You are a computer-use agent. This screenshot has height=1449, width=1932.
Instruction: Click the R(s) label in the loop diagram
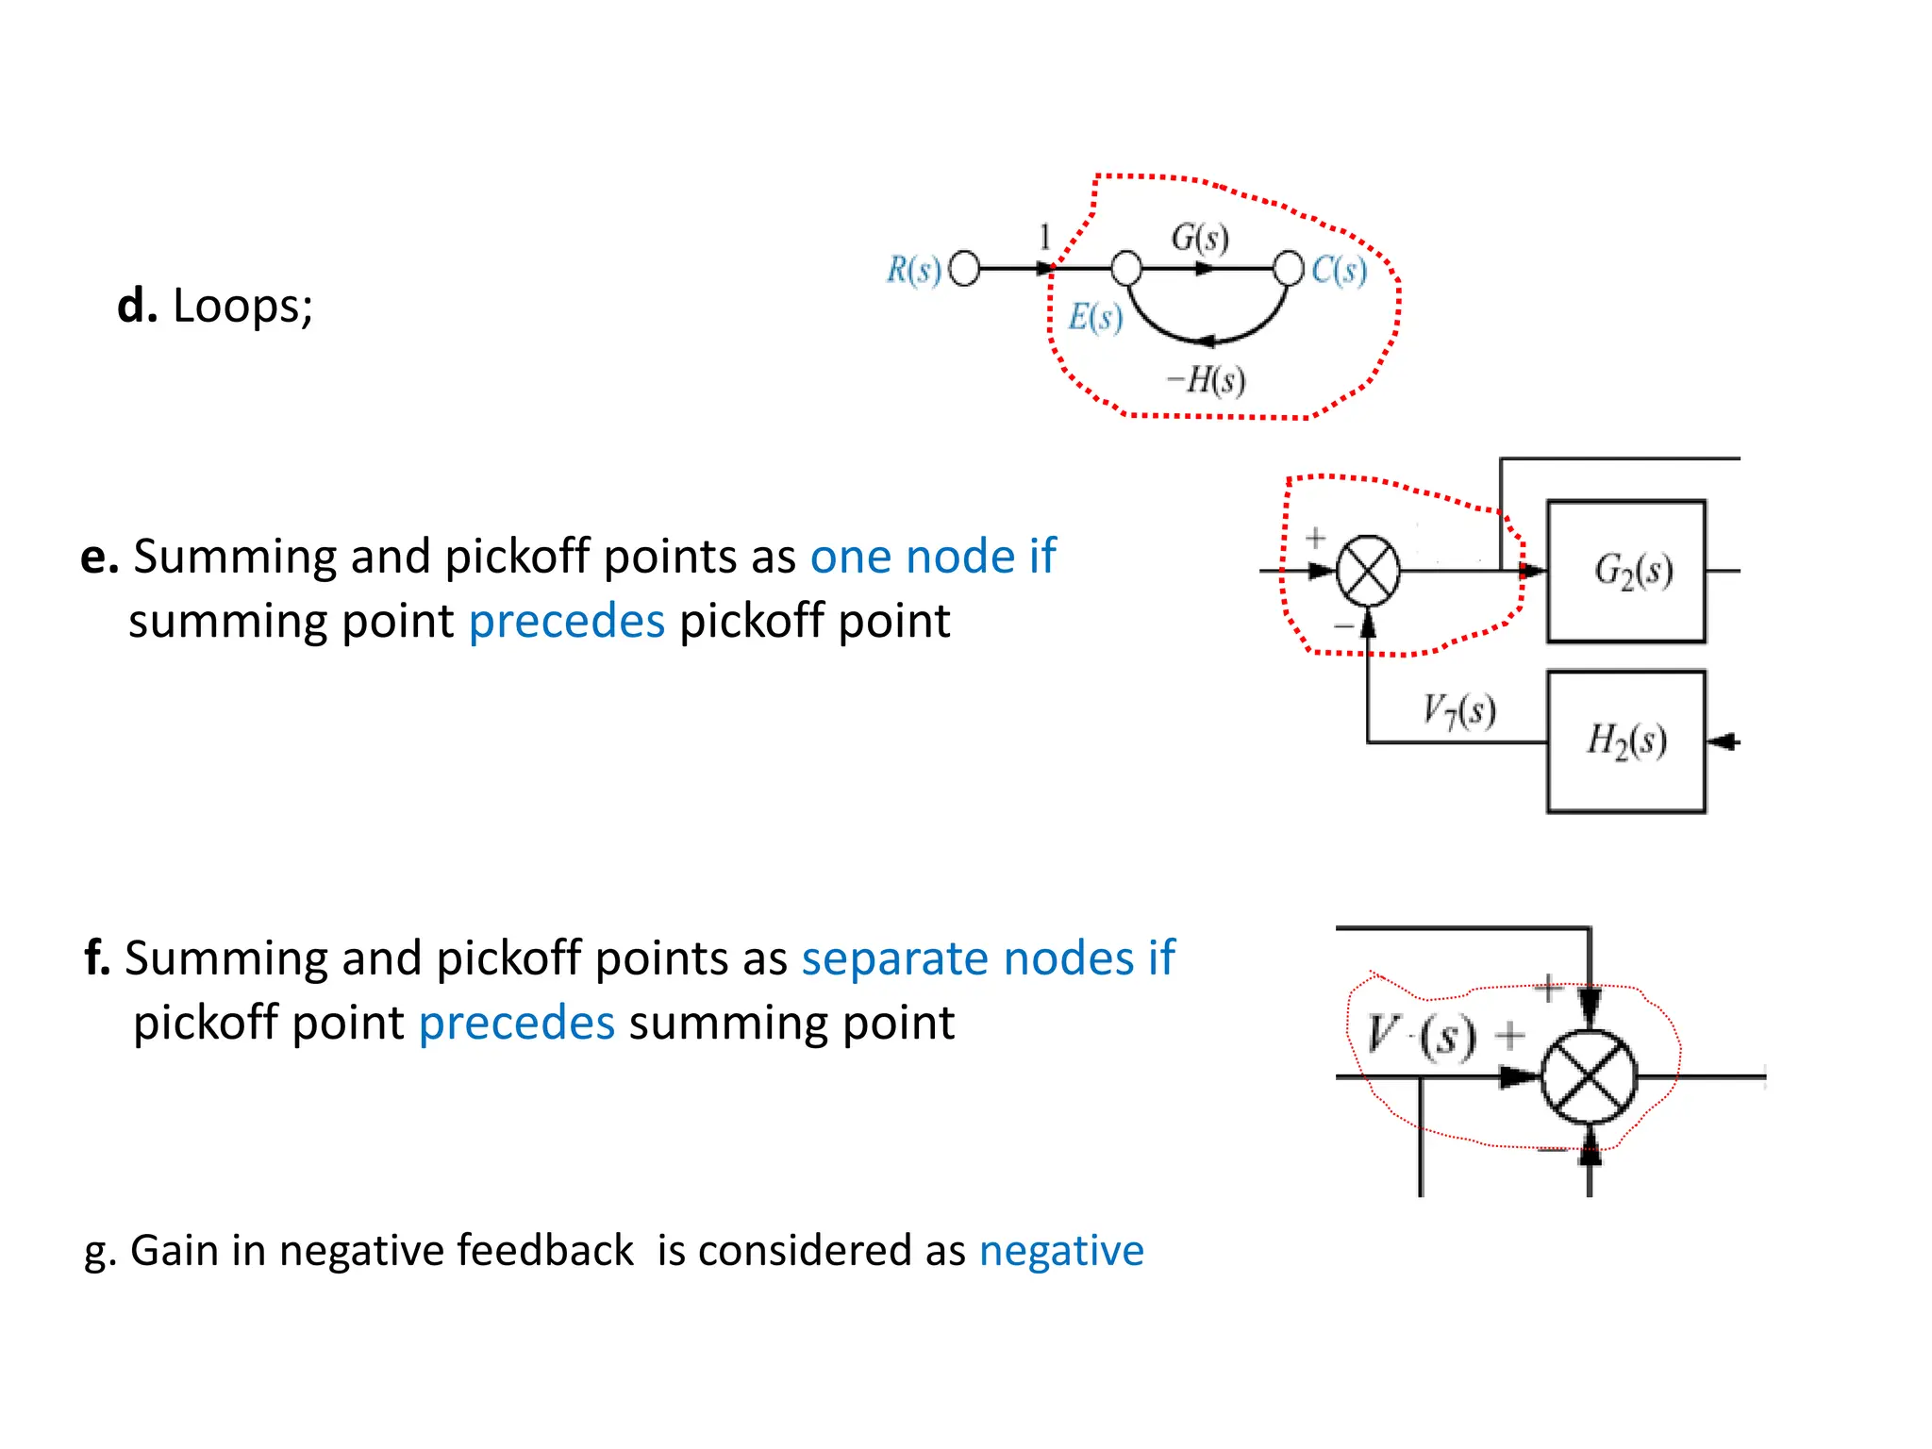pos(913,270)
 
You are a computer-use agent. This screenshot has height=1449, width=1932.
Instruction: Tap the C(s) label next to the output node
pos(1339,270)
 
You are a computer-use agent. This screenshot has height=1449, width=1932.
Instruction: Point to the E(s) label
pos(1095,317)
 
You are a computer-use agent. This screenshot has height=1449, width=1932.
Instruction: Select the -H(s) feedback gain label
pos(1207,380)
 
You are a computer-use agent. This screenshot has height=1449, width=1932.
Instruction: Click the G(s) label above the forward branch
pos(1200,237)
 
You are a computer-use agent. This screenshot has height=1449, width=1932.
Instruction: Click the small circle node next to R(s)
pos(964,269)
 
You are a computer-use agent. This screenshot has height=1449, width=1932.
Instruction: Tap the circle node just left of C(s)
pos(1288,268)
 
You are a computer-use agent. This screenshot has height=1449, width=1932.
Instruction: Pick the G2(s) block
pos(1626,572)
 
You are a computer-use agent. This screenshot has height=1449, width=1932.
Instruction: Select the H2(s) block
pos(1626,741)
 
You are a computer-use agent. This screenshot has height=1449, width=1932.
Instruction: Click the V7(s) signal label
pos(1458,710)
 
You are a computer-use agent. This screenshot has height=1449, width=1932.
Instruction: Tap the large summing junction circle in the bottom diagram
pos(1590,1076)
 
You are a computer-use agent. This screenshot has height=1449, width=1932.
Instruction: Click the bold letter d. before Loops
pos(137,306)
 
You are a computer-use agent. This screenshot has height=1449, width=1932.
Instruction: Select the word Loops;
pos(242,306)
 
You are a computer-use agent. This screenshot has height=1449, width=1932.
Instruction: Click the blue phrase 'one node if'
pos(933,556)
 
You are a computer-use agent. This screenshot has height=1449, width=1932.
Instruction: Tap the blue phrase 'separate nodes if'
pos(988,958)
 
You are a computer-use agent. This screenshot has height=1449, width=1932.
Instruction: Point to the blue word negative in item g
pos(1061,1251)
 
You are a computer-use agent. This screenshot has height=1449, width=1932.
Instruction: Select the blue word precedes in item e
pos(567,621)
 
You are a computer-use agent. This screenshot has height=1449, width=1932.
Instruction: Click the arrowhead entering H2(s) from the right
pos(1723,742)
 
